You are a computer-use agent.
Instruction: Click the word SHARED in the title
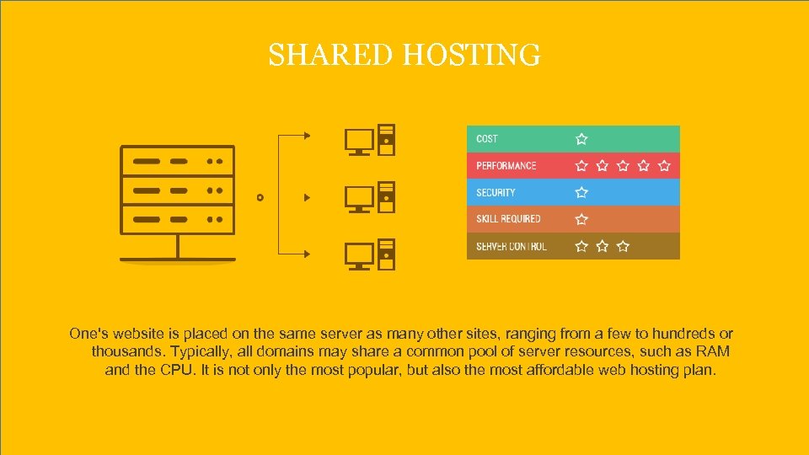pos(331,56)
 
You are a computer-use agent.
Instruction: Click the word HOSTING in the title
pos(471,56)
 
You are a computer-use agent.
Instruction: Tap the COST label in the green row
pos(487,139)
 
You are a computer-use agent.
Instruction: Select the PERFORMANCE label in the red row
pos(506,166)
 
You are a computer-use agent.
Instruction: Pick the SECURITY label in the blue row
pos(496,193)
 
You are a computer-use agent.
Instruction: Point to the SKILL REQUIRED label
pos(508,219)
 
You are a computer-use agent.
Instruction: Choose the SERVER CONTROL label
pos(512,246)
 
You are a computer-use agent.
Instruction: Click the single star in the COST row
pos(581,139)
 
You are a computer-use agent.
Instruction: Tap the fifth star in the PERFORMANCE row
pos(664,166)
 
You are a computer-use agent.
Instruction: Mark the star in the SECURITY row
pos(581,193)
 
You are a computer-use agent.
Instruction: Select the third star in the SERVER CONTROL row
pos(623,246)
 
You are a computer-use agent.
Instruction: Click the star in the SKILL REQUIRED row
pos(581,219)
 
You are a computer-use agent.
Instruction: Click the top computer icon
pos(369,142)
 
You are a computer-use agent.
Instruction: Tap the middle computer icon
pos(369,197)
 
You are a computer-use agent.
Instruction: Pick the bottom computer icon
pos(369,254)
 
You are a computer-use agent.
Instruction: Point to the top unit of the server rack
pos(177,160)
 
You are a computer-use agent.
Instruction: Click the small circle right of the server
pos(260,197)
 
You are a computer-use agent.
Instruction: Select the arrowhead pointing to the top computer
pos(307,135)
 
